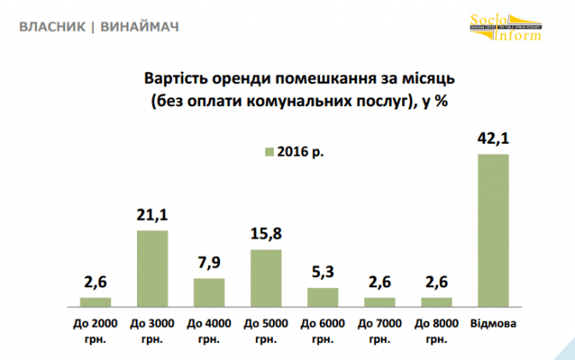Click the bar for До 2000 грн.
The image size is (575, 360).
tap(95, 301)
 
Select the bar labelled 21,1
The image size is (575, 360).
tap(152, 268)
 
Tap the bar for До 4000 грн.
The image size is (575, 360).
tap(209, 292)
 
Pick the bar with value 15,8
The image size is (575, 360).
tap(265, 277)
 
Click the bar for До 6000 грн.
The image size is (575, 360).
tap(323, 296)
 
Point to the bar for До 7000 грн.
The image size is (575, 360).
tap(379, 301)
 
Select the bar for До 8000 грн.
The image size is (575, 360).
tap(436, 301)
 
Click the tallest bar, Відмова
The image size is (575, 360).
tap(493, 230)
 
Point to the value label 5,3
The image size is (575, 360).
tap(323, 274)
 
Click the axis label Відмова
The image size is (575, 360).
tap(494, 323)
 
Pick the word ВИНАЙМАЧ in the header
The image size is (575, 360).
tap(139, 27)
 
